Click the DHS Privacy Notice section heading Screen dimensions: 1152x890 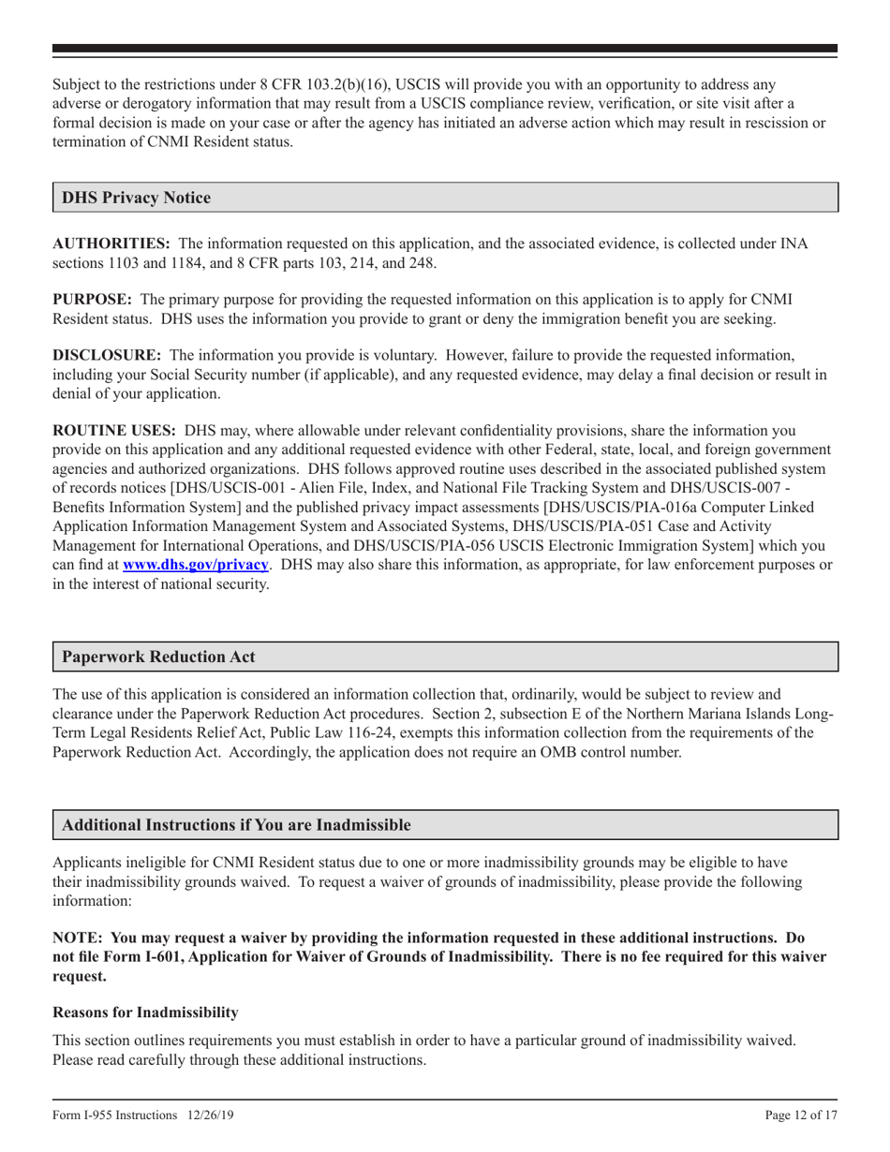[136, 198]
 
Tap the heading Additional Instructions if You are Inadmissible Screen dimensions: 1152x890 [236, 825]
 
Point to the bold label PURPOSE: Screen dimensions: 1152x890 [92, 299]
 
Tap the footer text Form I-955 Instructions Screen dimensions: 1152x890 [114, 1115]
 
